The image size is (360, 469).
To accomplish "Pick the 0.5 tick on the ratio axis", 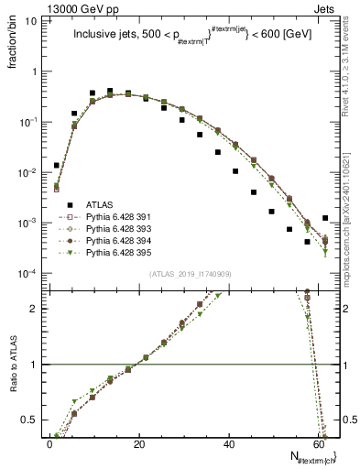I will click(x=29, y=420).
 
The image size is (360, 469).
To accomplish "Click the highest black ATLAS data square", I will click(x=110, y=92).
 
